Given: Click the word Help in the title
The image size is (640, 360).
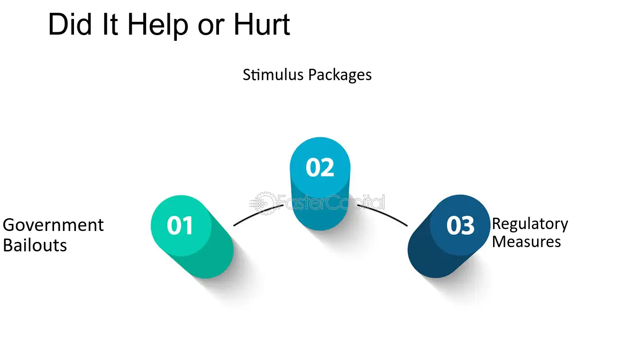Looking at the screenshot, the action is click(x=157, y=26).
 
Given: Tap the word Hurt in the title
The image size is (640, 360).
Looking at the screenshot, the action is click(x=262, y=25).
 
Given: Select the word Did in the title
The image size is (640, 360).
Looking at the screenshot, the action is click(x=70, y=25).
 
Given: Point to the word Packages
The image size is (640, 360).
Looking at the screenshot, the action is click(x=340, y=76).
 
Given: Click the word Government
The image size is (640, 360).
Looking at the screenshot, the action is click(x=53, y=225).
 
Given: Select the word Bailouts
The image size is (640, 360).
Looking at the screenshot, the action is click(x=35, y=245).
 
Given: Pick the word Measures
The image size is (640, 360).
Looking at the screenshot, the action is click(x=526, y=241).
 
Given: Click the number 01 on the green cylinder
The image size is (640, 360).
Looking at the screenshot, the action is click(x=180, y=226).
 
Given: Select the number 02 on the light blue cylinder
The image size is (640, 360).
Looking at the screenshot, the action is click(x=320, y=167).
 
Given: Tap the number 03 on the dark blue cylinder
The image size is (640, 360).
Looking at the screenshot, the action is click(x=460, y=226).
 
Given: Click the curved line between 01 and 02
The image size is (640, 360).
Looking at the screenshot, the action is click(x=257, y=213).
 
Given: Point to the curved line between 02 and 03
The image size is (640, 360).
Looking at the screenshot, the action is click(x=384, y=213).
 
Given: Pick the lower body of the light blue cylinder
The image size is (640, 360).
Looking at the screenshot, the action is click(x=320, y=212).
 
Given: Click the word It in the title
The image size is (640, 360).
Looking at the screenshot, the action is click(x=110, y=25).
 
